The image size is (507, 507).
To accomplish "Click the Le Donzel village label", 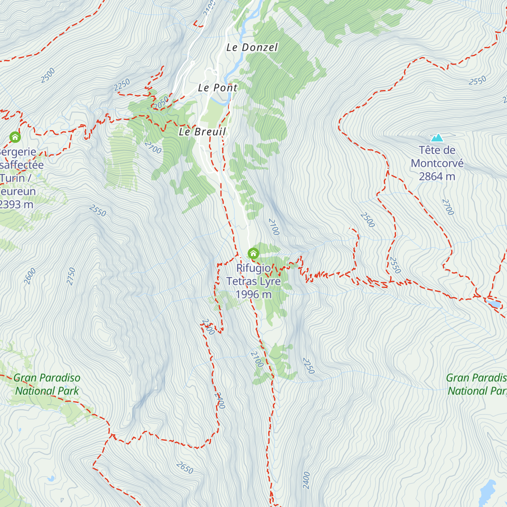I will click(252, 47).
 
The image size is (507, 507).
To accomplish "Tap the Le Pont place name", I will click(218, 88).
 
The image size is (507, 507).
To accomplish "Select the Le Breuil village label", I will click(202, 132).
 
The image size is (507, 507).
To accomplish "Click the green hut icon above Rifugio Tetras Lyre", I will click(253, 253).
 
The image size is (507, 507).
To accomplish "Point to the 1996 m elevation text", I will click(253, 294).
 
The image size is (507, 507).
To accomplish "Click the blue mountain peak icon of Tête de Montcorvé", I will click(437, 138).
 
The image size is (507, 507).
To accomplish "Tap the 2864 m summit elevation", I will click(437, 177).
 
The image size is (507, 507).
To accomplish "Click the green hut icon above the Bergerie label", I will click(15, 137).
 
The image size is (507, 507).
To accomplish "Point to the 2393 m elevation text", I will click(16, 204).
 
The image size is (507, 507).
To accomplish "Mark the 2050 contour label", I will click(161, 102).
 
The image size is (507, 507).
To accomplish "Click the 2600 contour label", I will click(30, 276).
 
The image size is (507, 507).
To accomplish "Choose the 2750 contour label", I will click(71, 276).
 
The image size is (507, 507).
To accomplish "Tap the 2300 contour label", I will click(208, 327).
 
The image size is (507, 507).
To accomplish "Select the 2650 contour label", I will click(185, 468).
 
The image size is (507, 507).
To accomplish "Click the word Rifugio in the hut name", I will click(253, 268).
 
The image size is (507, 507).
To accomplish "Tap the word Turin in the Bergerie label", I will click(13, 178).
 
